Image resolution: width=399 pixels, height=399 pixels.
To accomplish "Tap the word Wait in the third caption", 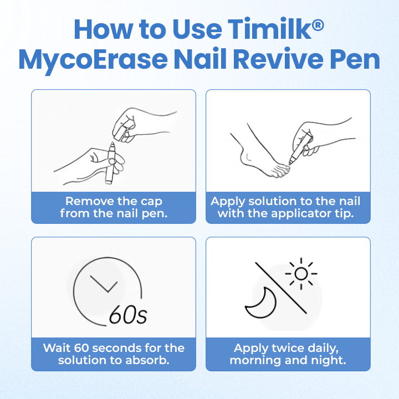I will tap(56, 349).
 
